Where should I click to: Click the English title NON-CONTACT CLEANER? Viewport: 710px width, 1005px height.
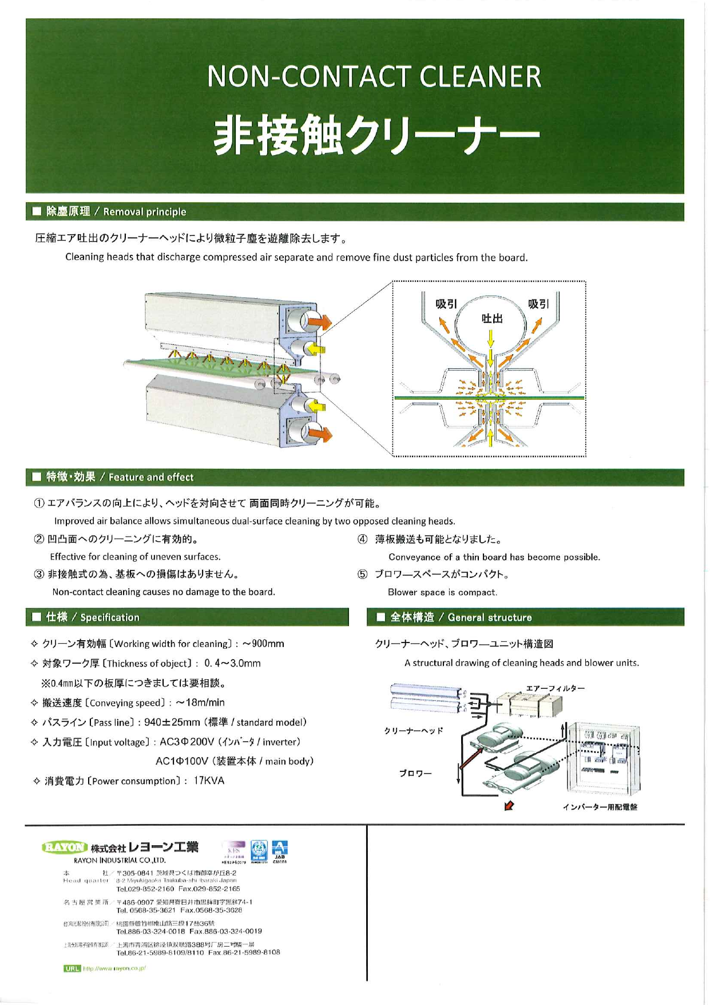click(x=374, y=77)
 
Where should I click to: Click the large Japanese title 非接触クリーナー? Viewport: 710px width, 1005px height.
click(x=376, y=136)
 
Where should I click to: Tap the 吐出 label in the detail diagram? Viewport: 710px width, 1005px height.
click(x=491, y=318)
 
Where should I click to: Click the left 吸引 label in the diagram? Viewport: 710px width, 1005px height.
click(x=446, y=304)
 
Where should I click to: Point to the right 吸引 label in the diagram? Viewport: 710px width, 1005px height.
click(x=538, y=304)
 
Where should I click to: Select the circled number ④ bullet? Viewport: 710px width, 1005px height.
click(x=362, y=539)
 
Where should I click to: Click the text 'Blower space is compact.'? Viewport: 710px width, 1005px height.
click(x=442, y=592)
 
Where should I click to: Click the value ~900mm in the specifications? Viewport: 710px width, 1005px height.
click(x=264, y=644)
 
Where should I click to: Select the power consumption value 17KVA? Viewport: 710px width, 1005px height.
click(x=209, y=781)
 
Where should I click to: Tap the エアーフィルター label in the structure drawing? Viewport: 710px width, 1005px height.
click(x=555, y=688)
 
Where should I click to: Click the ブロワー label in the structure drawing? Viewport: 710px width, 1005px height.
click(x=415, y=774)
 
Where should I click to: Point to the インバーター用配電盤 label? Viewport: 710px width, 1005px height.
click(x=600, y=807)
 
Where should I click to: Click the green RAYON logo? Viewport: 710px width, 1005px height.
click(x=64, y=847)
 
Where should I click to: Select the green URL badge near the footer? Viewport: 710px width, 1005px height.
click(x=72, y=968)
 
